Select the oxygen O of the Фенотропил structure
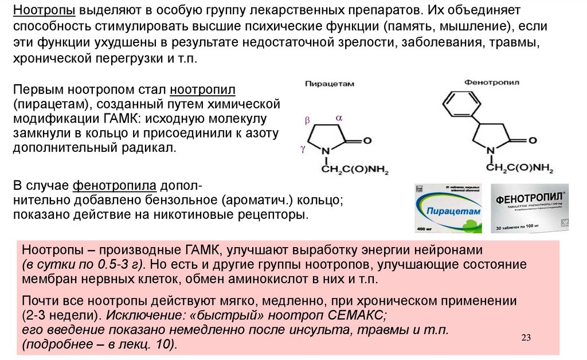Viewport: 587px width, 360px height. coord(533,140)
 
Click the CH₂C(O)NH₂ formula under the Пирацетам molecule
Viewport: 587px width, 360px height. coord(351,170)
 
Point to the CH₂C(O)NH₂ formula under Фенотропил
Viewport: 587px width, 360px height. coord(519,170)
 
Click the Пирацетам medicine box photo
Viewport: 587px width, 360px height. coord(448,208)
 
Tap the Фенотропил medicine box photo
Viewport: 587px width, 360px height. coord(531,208)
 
